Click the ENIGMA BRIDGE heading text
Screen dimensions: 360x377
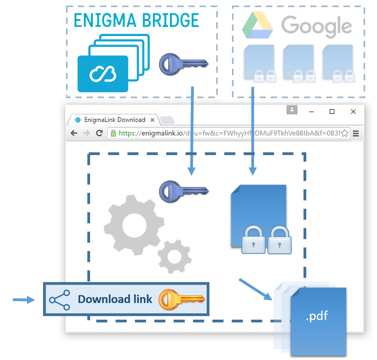tap(136, 20)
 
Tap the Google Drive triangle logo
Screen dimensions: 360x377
tap(257, 25)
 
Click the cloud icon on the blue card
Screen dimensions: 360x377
tap(102, 74)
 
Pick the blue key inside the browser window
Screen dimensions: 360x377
tap(183, 191)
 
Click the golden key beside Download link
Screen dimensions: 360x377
tap(181, 299)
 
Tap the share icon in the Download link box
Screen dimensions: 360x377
tap(60, 299)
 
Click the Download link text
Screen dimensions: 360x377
tap(115, 299)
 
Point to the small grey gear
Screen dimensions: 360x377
tap(174, 256)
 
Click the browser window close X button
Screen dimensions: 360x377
tap(353, 112)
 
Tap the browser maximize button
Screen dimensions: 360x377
tap(332, 112)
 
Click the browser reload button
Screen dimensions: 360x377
tap(99, 133)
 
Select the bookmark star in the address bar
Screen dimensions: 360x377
tap(344, 133)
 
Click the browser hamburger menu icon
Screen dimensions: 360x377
tap(356, 133)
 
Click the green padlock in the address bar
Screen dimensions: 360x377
tap(113, 133)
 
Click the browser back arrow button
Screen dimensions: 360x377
tap(74, 133)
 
